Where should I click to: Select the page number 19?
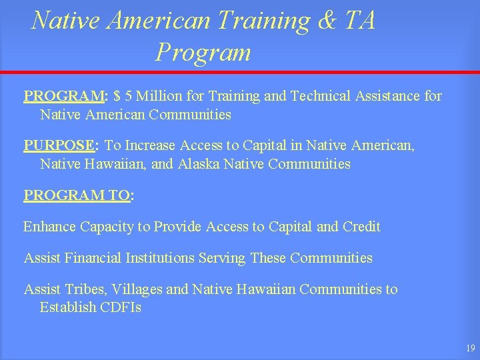(470, 348)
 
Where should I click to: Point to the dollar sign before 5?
(117, 97)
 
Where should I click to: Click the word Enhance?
(49, 227)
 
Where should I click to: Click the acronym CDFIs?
(121, 307)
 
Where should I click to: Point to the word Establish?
(67, 307)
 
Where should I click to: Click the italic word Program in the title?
(203, 52)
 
